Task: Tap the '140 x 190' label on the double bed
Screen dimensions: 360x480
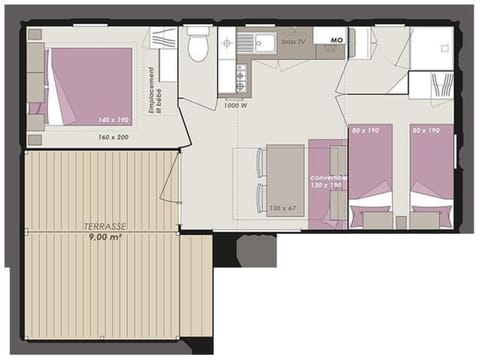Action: pos(113,120)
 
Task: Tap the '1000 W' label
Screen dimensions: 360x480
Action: pos(236,104)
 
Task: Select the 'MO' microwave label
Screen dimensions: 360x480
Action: pos(336,41)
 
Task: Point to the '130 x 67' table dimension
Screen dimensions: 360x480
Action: pos(283,208)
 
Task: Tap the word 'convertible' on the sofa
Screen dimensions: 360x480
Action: pos(329,176)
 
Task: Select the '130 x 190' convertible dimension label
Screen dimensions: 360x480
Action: pos(329,186)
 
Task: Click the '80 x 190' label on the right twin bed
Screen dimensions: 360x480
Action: pos(427,130)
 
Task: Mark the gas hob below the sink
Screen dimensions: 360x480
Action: pos(241,76)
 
